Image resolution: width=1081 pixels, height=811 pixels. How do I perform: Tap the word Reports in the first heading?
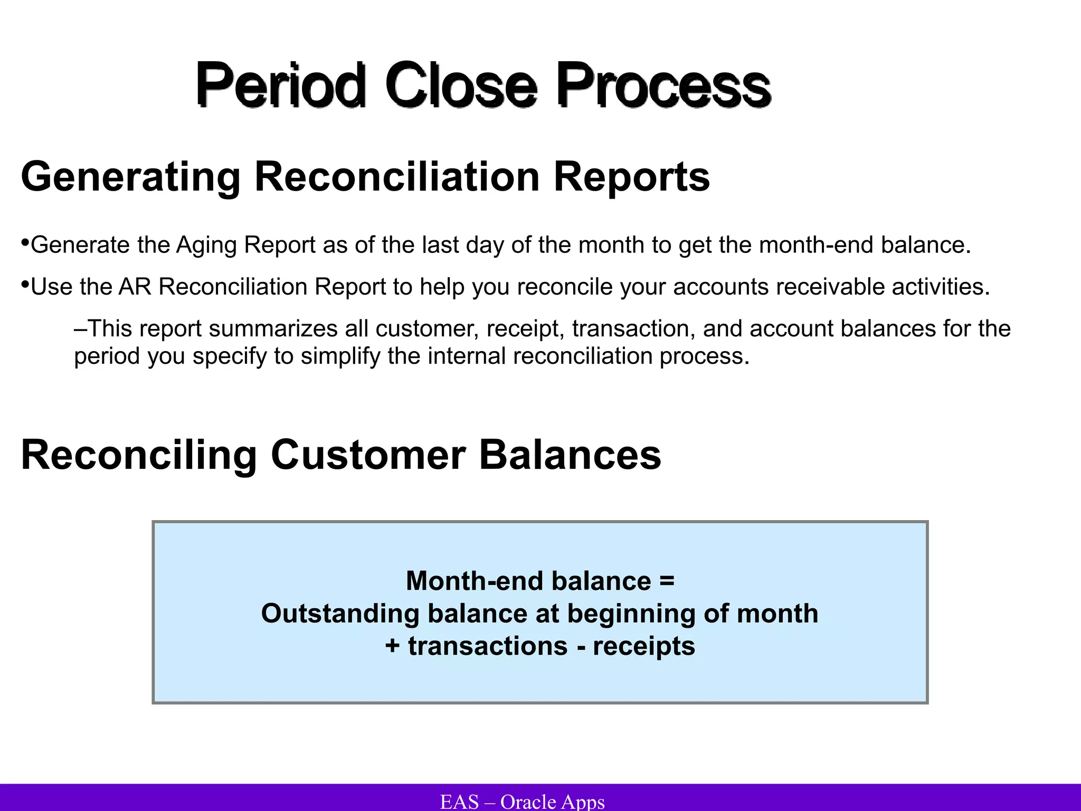coord(631,177)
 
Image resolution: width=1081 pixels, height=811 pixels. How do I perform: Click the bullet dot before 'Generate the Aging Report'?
coord(25,243)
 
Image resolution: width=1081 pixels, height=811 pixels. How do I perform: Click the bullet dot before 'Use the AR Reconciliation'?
coord(25,285)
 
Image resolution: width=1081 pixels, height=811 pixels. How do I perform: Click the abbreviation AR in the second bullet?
coord(135,287)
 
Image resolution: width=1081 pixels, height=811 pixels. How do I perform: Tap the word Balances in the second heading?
coord(570,455)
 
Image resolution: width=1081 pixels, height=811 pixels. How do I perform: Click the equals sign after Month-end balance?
coord(667,581)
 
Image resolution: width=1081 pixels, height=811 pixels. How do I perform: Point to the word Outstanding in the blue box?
coord(340,614)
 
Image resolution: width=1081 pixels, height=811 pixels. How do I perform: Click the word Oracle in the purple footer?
coord(528,801)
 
